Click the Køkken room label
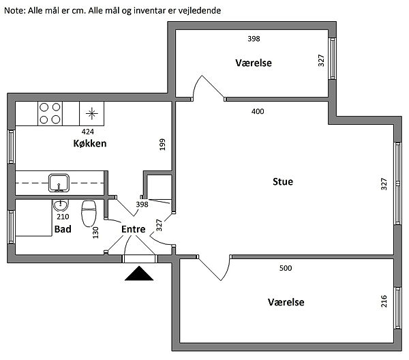[90, 144]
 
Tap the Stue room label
[282, 182]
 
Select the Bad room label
[63, 229]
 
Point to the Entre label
[134, 229]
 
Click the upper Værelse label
[254, 63]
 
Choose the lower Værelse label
[286, 302]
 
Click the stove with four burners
[50, 113]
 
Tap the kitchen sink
[59, 182]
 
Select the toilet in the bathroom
[89, 213]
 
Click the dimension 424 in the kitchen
[88, 132]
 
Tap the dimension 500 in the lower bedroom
[286, 268]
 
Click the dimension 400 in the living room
[258, 111]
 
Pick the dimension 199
[162, 145]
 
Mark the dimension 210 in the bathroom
[63, 217]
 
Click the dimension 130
[95, 232]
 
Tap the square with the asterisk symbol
[92, 112]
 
